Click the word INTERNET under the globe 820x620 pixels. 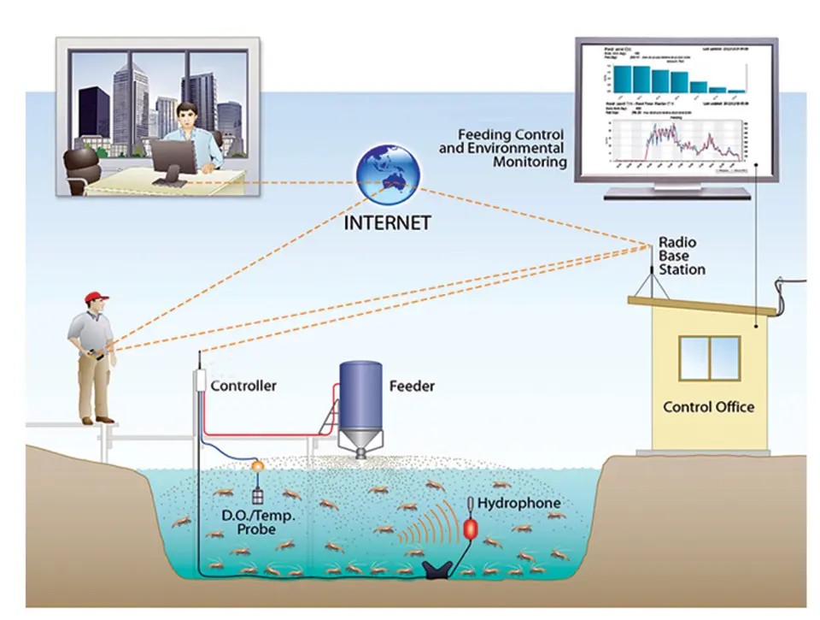[x=387, y=223]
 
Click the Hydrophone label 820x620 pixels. [x=518, y=503]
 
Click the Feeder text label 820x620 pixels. [x=412, y=386]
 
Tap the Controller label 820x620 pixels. [x=243, y=386]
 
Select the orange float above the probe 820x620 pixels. [x=256, y=465]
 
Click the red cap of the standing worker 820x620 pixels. [x=96, y=298]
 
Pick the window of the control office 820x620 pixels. [x=710, y=357]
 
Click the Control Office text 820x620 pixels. [x=709, y=406]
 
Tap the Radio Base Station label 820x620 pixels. [x=681, y=256]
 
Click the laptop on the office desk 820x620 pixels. [x=173, y=159]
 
